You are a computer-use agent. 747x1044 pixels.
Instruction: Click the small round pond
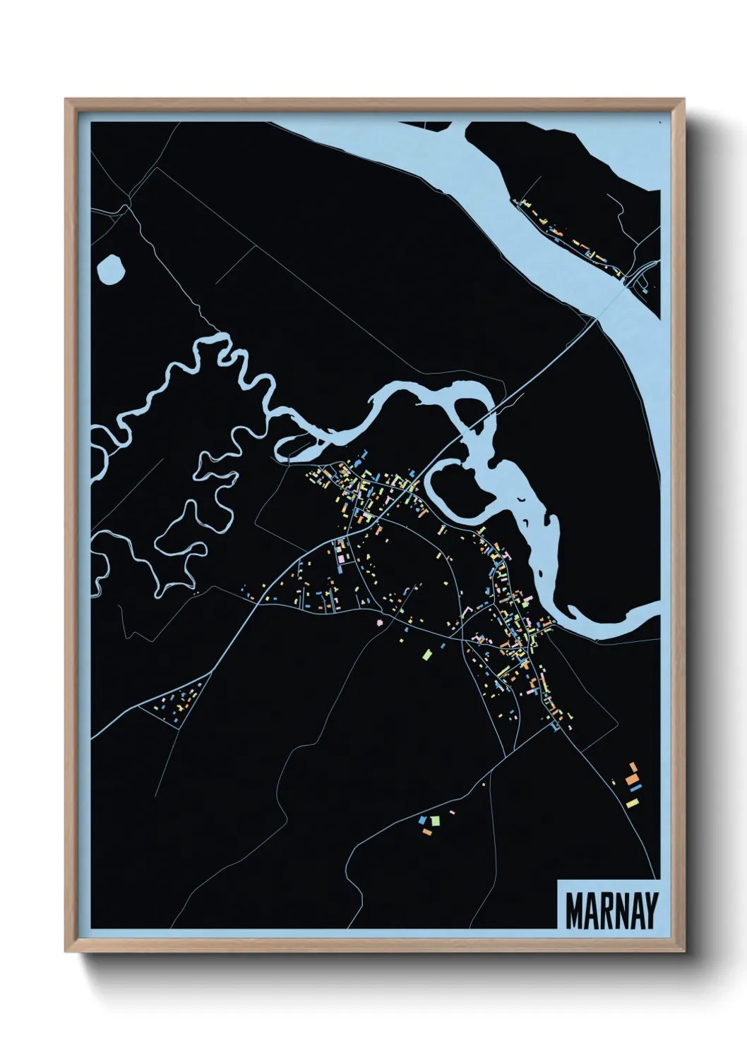[x=111, y=269]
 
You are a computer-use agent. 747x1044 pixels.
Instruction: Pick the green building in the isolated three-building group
[x=435, y=820]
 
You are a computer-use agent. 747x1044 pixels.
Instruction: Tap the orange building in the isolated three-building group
[x=426, y=832]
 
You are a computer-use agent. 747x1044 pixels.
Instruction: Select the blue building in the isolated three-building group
[x=423, y=820]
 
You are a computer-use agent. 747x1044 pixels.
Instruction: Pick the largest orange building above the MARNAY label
[x=633, y=767]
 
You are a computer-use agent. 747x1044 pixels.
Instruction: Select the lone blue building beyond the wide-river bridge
[x=645, y=289]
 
